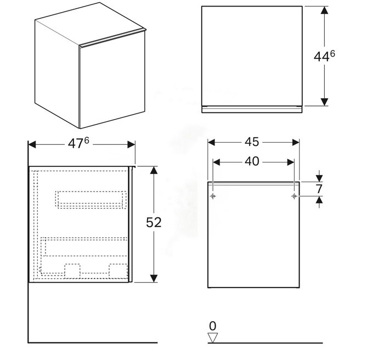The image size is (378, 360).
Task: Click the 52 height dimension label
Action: tap(154, 222)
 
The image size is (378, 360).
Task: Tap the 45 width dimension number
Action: tap(252, 142)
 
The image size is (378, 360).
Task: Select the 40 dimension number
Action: tap(252, 161)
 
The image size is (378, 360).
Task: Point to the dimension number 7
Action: tap(319, 189)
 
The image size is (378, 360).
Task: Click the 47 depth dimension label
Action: tap(78, 143)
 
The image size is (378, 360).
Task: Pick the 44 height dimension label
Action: tap(324, 57)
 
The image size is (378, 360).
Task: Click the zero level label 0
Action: tap(213, 326)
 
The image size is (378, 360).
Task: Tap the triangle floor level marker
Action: tap(213, 337)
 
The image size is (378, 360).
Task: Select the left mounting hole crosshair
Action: tap(213, 196)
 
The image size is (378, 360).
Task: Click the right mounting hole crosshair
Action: tap(294, 196)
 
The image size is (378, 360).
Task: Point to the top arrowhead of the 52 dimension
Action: tap(154, 170)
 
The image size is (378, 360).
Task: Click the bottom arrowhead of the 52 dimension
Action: tap(154, 278)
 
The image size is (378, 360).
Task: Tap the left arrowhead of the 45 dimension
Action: tap(211, 142)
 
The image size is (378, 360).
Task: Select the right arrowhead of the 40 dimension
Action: tap(291, 162)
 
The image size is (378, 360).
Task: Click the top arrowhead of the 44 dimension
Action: tap(324, 10)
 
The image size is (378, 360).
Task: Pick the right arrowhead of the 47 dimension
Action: tap(131, 145)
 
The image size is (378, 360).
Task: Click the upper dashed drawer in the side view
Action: tap(91, 200)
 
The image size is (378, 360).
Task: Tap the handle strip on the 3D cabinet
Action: tap(112, 37)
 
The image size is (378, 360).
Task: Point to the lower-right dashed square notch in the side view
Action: tap(118, 271)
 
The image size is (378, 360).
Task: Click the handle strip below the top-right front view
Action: tap(252, 109)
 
